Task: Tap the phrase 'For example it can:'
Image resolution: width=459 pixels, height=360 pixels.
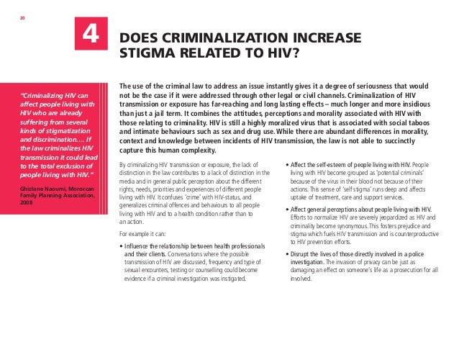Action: (142, 234)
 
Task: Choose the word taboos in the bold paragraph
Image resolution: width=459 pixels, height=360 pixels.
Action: (434, 122)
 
